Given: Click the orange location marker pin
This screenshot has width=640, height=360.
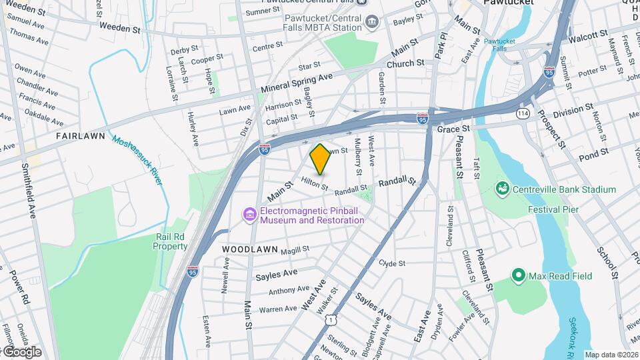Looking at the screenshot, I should click(320, 159).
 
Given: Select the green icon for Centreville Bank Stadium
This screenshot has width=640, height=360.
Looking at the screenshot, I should click(503, 189).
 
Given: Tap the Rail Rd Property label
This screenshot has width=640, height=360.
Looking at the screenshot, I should click(171, 241).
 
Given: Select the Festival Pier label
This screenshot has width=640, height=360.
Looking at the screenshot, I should click(553, 209).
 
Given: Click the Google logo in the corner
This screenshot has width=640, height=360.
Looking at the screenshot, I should click(21, 351).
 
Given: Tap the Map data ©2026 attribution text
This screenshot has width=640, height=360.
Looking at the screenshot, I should click(611, 355).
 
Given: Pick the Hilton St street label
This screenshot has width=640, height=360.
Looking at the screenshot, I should click(315, 183).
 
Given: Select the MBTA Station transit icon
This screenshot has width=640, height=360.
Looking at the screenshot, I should click(371, 24).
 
